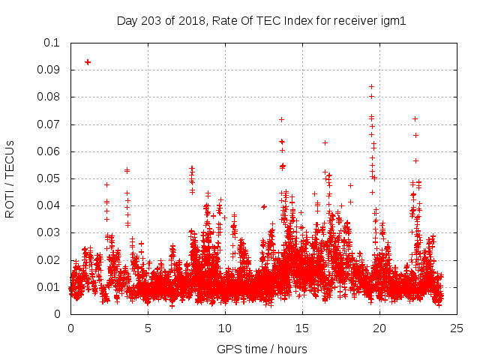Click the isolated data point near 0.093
[88, 61]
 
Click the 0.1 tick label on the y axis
[51, 43]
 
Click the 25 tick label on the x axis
[457, 328]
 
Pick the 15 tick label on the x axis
[302, 328]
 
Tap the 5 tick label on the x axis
[148, 328]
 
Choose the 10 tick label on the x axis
[225, 328]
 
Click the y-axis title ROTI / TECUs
[10, 178]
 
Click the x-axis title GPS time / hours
[262, 349]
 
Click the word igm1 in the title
[393, 20]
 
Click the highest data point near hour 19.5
[371, 86]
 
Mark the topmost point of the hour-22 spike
[415, 118]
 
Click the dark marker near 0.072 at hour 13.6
[281, 119]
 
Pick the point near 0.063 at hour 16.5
[325, 142]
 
